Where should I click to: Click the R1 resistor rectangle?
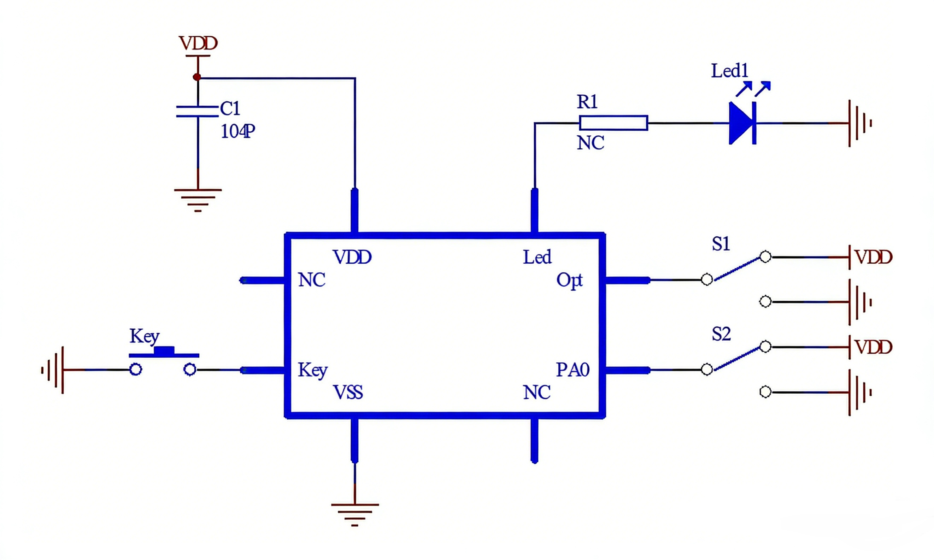[x=613, y=123]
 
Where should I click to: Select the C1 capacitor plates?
[x=198, y=111]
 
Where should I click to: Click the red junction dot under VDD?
[x=196, y=77]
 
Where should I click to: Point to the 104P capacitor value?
[x=238, y=131]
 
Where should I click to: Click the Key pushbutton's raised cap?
[x=164, y=350]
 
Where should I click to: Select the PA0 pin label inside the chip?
[x=572, y=370]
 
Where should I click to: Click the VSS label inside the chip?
[x=348, y=393]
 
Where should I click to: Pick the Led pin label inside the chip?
[x=537, y=257]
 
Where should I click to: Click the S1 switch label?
[x=721, y=244]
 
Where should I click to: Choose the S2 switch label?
[x=721, y=334]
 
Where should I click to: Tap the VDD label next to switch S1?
[x=873, y=257]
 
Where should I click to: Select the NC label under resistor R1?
[x=590, y=143]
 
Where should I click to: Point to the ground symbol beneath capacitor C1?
[x=198, y=200]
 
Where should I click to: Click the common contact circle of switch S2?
[x=707, y=370]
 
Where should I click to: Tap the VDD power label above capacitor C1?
[x=198, y=43]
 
